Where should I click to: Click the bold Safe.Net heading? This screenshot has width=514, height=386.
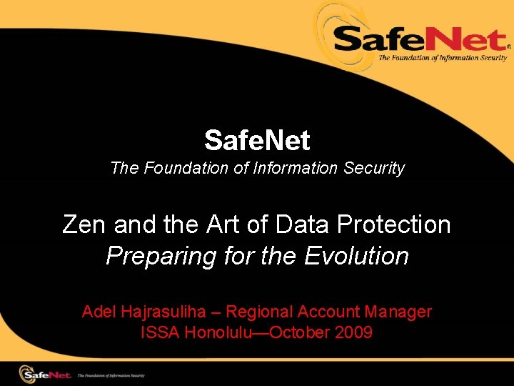click(x=257, y=140)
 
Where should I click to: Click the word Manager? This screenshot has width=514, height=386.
click(x=398, y=312)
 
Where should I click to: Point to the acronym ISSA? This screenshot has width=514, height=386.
click(x=161, y=332)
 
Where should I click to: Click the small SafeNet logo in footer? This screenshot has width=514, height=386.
click(x=46, y=374)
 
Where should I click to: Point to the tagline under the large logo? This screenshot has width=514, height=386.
click(x=442, y=58)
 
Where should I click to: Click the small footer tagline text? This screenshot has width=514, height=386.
click(x=111, y=375)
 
